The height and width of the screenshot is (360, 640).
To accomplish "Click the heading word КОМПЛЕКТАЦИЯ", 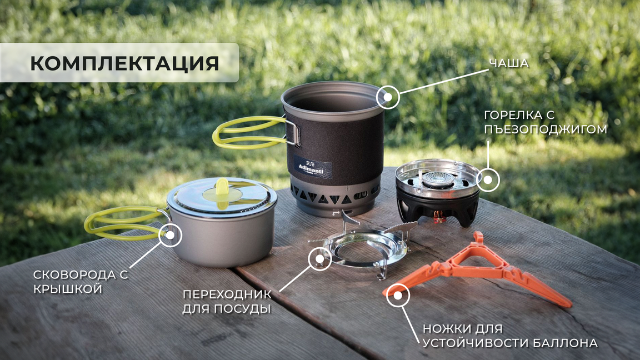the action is click(124, 63).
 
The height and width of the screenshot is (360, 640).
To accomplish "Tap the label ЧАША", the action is click(508, 63).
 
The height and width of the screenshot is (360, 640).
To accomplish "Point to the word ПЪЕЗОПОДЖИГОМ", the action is click(546, 129).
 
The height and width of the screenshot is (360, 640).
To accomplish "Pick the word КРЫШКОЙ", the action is click(68, 289).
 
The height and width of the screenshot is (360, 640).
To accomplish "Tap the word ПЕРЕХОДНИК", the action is click(227, 294).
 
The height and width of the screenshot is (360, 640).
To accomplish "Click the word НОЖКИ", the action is click(447, 328).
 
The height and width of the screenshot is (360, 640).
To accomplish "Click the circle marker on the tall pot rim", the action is click(388, 97).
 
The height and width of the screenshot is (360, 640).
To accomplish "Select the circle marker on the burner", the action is click(488, 179).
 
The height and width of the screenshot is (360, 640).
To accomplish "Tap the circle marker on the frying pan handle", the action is click(170, 234).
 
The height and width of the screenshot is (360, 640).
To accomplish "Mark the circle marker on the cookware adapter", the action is click(320, 258).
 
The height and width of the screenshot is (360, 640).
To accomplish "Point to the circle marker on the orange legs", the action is click(398, 295).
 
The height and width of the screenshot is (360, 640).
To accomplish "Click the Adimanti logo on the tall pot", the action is click(313, 167).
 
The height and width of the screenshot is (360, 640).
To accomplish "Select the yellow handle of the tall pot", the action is click(249, 132).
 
